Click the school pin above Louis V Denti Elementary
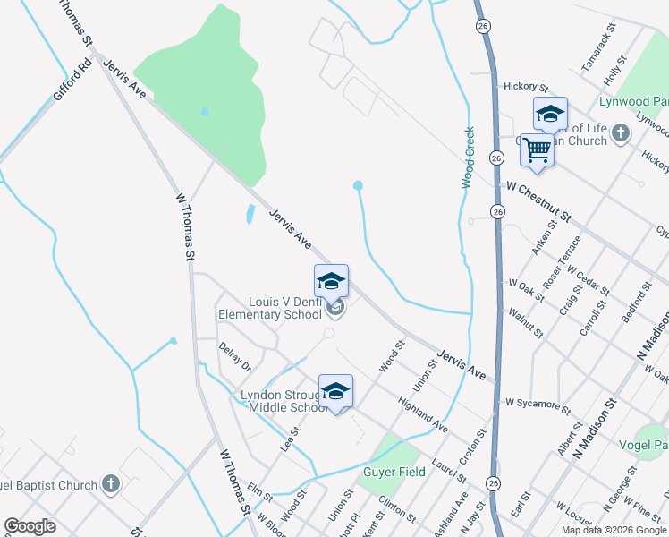(x=331, y=282)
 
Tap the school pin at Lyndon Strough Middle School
(x=335, y=391)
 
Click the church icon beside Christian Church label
(x=622, y=133)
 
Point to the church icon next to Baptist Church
(x=110, y=485)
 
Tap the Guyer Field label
(x=393, y=472)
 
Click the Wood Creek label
(x=468, y=157)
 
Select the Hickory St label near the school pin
(x=526, y=88)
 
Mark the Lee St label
(x=288, y=438)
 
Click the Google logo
(x=30, y=526)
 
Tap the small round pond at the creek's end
(x=358, y=185)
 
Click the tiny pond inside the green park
(x=206, y=111)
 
